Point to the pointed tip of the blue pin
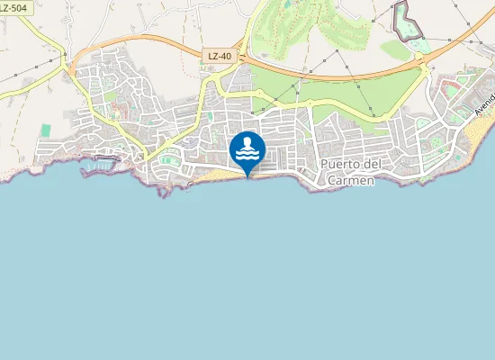[247, 176]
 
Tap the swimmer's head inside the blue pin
[247, 142]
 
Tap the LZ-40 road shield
[219, 56]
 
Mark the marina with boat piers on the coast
[104, 161]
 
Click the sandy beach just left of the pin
[216, 172]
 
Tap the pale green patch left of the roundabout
[396, 50]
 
